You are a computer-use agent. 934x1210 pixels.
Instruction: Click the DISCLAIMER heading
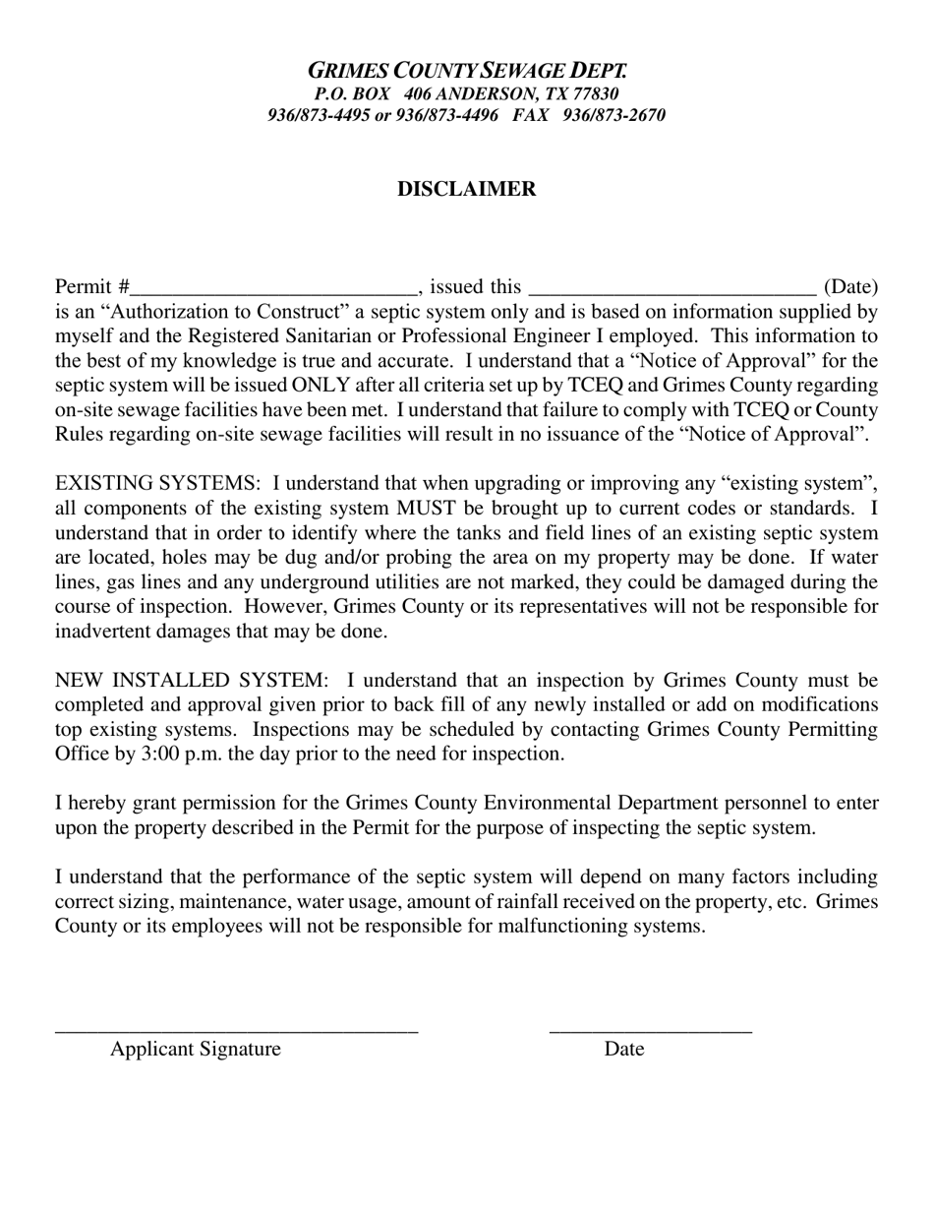[x=466, y=189]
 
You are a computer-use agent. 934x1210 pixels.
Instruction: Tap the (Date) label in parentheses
[x=850, y=287]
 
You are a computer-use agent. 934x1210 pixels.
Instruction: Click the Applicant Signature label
[x=196, y=1049]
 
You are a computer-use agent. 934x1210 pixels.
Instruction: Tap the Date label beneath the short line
[x=624, y=1049]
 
